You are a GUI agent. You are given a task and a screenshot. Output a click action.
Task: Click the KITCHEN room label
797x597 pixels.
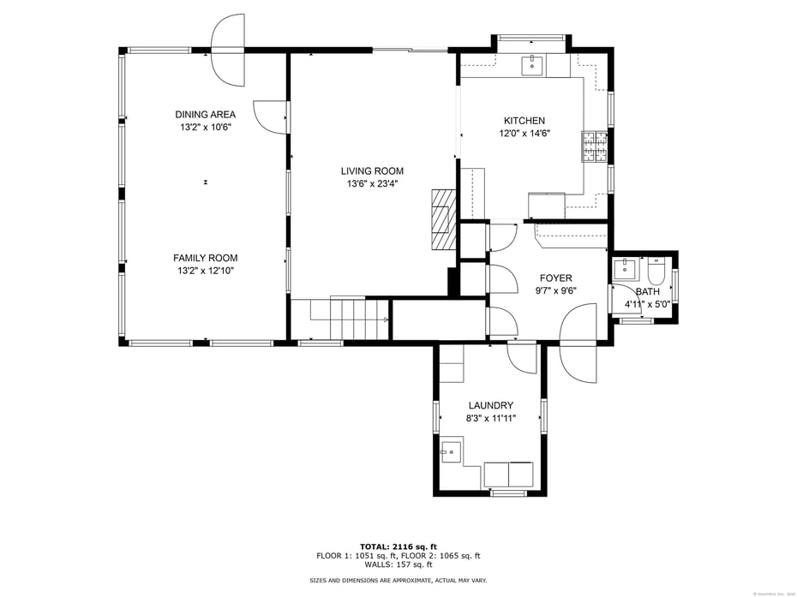point(524,121)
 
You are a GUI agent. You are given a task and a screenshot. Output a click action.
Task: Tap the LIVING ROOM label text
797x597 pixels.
point(372,170)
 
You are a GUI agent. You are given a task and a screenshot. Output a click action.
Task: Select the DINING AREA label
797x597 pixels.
point(205,115)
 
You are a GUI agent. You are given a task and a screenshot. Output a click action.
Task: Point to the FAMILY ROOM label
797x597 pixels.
point(205,258)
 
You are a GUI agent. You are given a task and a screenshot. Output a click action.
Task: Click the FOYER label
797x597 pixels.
point(555,278)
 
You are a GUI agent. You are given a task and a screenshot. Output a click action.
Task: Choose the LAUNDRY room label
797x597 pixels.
point(490,405)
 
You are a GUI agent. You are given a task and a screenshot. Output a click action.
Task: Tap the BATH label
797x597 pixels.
point(647,291)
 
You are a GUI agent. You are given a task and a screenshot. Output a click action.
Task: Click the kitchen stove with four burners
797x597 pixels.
point(594,146)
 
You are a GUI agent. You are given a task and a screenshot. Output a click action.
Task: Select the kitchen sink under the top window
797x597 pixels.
point(532,65)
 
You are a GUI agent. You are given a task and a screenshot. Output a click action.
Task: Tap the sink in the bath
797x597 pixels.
point(625,269)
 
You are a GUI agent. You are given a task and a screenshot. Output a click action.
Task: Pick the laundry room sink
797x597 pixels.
point(451,451)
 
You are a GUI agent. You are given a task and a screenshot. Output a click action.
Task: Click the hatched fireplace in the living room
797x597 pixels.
point(442,218)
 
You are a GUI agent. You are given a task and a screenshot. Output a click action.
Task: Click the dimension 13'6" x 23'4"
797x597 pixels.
point(372,183)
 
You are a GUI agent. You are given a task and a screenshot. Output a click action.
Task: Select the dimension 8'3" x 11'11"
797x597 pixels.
point(490,419)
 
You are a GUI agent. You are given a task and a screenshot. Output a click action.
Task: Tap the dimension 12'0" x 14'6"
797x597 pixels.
point(524,134)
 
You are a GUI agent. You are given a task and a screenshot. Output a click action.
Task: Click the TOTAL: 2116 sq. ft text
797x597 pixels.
point(398,546)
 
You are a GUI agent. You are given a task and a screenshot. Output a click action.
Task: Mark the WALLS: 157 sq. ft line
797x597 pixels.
point(398,564)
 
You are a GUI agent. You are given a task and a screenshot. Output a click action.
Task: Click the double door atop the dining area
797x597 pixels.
point(228,50)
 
